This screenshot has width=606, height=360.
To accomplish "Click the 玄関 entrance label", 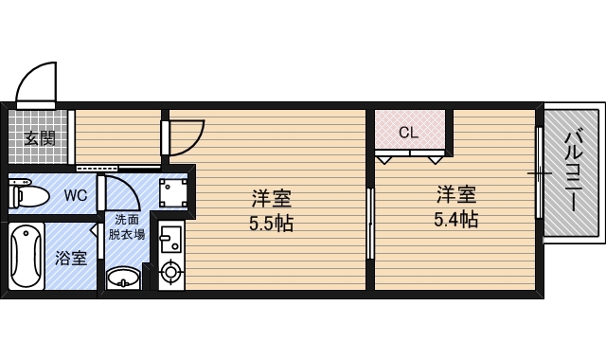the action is [40, 138].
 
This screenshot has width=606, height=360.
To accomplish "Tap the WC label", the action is [76, 196].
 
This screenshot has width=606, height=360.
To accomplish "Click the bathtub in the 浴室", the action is [27, 257].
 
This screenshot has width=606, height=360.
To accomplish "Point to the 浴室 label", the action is [71, 258].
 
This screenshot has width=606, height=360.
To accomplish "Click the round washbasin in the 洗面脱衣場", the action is [123, 278].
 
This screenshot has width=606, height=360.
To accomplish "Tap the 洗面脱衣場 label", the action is [127, 227].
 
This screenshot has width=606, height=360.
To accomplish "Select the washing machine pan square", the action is [172, 192].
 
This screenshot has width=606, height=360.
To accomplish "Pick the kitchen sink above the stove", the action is [170, 238].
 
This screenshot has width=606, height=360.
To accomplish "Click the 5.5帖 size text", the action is [272, 224].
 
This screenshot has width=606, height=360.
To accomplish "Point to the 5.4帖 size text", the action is [456, 219].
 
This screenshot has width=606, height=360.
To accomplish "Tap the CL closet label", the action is [408, 133].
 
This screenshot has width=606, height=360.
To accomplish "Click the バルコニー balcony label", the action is [574, 171].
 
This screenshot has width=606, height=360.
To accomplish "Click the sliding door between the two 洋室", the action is [370, 224].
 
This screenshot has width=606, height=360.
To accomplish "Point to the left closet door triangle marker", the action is [384, 160].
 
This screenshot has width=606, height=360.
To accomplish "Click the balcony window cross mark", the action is [540, 173].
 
